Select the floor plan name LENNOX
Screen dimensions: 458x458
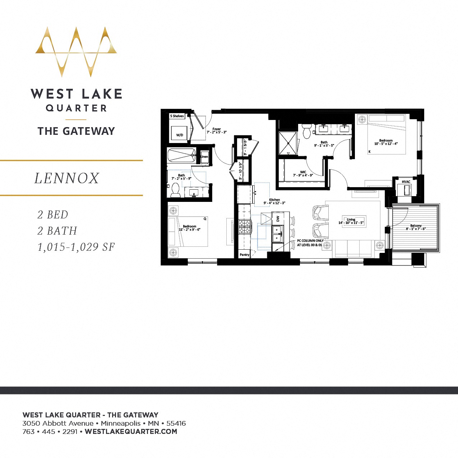point(67,178)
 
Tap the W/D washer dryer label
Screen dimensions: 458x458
point(180,135)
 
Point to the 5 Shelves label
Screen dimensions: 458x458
point(177,116)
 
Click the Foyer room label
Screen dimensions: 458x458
point(217,129)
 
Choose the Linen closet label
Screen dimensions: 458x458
point(204,157)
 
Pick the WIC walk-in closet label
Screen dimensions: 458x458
point(303,172)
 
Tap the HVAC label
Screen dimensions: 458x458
point(406,182)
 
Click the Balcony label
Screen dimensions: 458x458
point(416,226)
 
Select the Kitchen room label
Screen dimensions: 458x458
point(274,200)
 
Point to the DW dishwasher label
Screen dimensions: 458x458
point(278,218)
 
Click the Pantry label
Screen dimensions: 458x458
point(244,255)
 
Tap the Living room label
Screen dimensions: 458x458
point(351,219)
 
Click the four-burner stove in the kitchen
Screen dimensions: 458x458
point(245,227)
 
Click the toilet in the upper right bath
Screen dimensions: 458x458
point(307,131)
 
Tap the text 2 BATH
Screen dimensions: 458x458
point(57,231)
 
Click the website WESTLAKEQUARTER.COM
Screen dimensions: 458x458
point(131,431)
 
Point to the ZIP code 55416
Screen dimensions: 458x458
point(176,423)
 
